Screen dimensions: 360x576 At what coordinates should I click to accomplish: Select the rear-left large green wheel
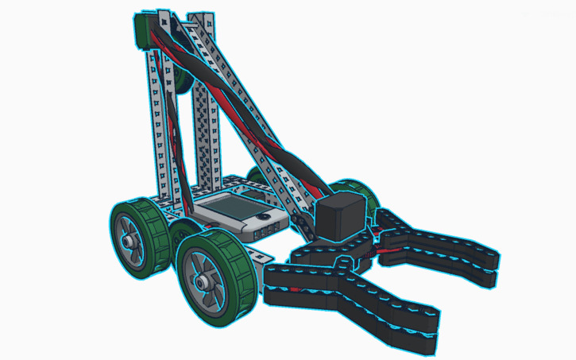[x=138, y=239]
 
